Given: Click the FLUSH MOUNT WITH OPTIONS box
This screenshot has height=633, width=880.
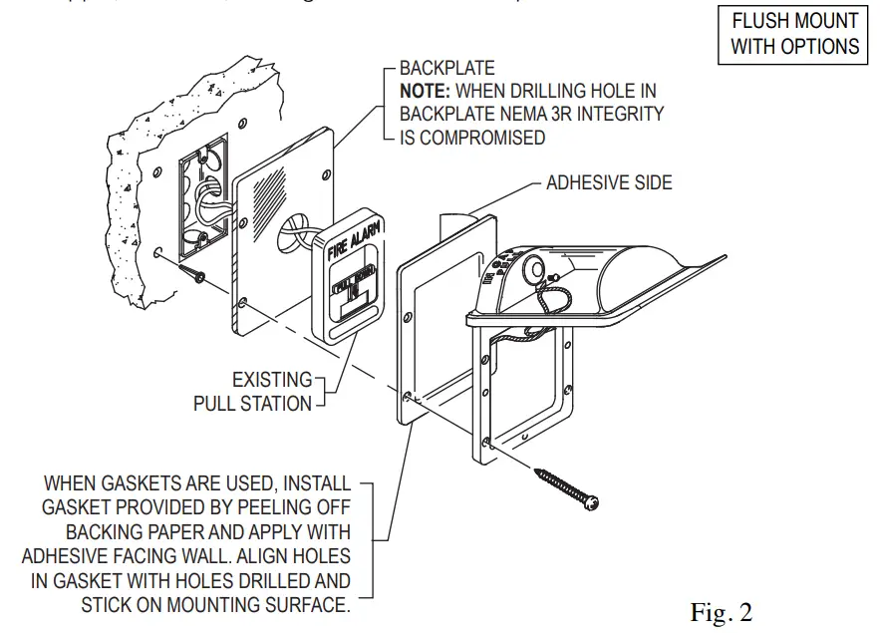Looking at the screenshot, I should point(793,33).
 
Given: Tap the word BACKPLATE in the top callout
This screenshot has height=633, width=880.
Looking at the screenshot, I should point(446,69).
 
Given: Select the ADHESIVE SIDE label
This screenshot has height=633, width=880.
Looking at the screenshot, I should point(608,182).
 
